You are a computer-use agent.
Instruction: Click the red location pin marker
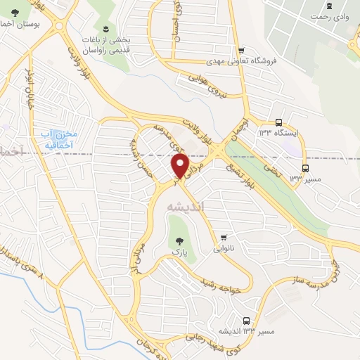[180, 166]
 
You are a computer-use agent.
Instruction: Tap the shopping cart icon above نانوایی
[224, 236]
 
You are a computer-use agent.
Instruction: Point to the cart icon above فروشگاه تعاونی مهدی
[242, 50]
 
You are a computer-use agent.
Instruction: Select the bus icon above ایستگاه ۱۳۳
[278, 121]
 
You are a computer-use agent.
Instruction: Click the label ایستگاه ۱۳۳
[278, 132]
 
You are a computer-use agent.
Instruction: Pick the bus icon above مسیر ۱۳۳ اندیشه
[245, 319]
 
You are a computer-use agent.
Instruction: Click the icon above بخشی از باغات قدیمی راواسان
[105, 29]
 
